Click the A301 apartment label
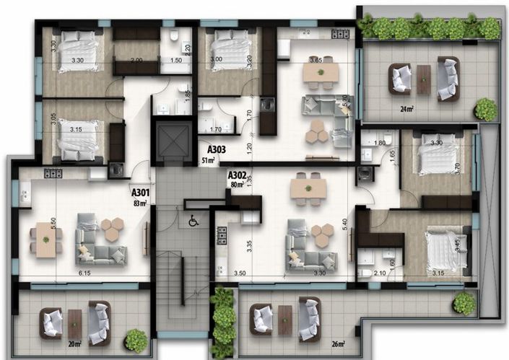140,193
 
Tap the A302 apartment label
237,175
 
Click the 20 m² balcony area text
73,344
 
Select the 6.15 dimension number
84,275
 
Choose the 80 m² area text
235,184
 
